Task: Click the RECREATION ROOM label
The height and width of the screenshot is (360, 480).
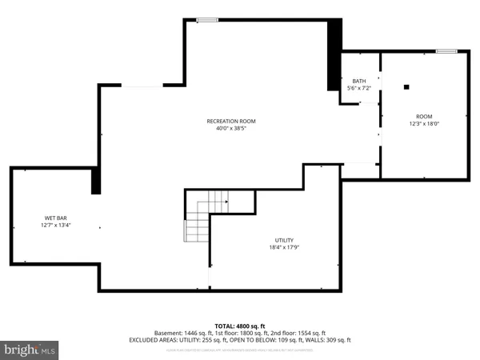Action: point(231,122)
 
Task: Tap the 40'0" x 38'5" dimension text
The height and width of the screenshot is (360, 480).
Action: point(231,129)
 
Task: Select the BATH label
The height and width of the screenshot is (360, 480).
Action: point(359,81)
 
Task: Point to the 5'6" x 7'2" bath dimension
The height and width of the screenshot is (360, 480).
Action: point(359,87)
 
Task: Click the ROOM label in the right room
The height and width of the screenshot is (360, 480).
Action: point(423,116)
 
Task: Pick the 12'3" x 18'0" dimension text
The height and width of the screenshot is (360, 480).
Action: point(423,123)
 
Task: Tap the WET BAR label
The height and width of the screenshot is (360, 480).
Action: point(55,218)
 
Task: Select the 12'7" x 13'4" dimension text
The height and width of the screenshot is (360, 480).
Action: point(55,225)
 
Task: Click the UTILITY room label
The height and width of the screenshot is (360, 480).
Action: point(284,240)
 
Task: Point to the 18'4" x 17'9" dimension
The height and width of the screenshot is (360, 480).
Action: point(284,247)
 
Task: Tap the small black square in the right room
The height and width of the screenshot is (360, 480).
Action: point(406,86)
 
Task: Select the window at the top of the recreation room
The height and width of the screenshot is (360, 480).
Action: point(207,20)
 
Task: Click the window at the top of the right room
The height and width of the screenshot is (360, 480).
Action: point(446,51)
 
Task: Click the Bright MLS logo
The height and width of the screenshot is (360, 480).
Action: point(30,350)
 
